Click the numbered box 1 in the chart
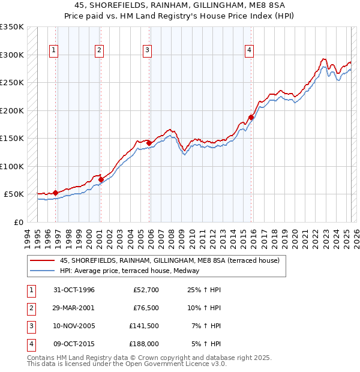click(x=53, y=51)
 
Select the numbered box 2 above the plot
click(x=99, y=51)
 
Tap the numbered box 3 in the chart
click(x=147, y=51)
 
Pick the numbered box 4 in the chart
click(x=248, y=51)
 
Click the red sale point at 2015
click(x=251, y=118)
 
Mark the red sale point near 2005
click(x=149, y=143)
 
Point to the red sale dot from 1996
click(x=56, y=193)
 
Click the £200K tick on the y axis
click(x=12, y=110)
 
